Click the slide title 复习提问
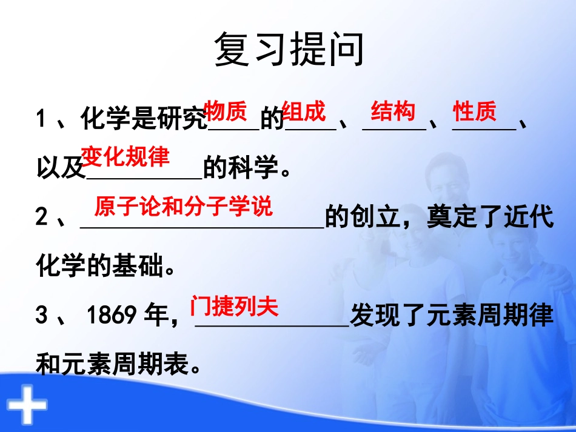tap(289, 50)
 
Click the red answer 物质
tap(226, 111)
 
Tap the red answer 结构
tap(393, 111)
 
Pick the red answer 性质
tap(475, 111)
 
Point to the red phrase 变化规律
tap(126, 157)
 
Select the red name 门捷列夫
tap(234, 306)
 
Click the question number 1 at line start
tap(41, 119)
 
